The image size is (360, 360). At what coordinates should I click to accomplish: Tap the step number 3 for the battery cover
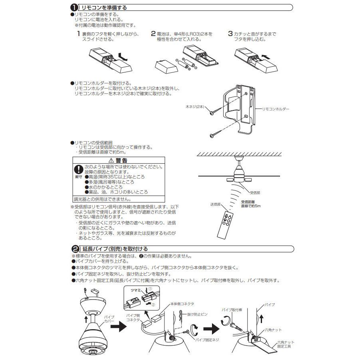click(230, 34)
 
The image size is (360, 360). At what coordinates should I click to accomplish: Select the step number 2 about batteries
click(153, 34)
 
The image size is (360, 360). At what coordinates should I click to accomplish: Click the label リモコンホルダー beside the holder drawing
click(275, 109)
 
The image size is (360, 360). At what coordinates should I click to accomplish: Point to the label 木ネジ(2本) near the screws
click(195, 107)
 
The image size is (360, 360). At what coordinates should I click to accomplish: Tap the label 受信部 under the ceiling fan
click(255, 192)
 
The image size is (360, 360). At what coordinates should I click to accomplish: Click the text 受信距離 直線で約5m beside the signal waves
click(251, 204)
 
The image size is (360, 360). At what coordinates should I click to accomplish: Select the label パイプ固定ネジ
click(206, 340)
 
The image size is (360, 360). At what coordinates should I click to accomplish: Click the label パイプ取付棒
click(233, 310)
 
